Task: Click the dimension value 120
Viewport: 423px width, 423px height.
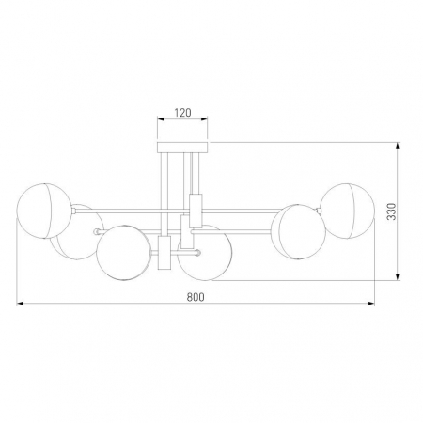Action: pyautogui.click(x=182, y=112)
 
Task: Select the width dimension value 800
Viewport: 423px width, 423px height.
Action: pyautogui.click(x=195, y=296)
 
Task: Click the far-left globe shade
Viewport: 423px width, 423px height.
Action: pyautogui.click(x=43, y=209)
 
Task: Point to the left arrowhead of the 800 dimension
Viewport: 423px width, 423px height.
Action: pyautogui.click(x=21, y=305)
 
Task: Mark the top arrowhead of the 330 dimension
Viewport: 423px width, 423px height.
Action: pyautogui.click(x=399, y=144)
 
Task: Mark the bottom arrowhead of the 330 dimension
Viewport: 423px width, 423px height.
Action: pyautogui.click(x=399, y=279)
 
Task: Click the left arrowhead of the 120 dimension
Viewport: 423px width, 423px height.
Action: pyautogui.click(x=158, y=120)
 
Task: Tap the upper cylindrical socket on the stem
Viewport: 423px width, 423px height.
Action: pyautogui.click(x=196, y=207)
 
